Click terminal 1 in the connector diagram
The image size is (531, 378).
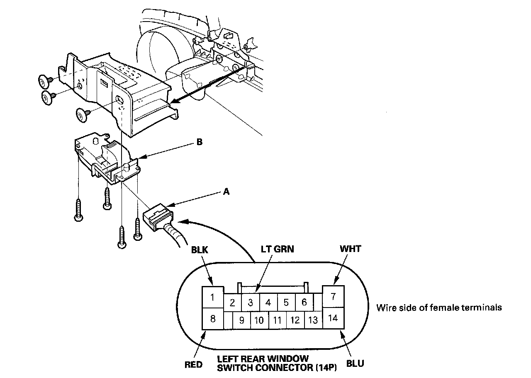point(212,297)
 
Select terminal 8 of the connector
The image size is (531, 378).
point(212,319)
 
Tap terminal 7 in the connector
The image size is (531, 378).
point(333,297)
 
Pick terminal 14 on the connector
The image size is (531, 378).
point(333,318)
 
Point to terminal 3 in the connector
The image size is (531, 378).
point(250,303)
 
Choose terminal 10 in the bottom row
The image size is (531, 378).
point(259,320)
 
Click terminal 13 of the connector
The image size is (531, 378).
point(313,320)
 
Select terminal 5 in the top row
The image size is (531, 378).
point(286,303)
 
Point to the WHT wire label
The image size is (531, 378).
point(350,249)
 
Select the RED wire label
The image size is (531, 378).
point(193,365)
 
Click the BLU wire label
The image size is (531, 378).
point(356,363)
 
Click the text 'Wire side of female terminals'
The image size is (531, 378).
point(439,308)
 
